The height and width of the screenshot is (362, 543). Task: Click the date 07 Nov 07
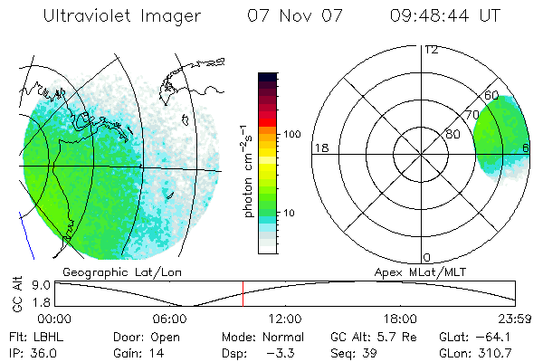[x=290, y=16]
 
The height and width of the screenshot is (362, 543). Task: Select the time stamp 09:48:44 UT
[x=457, y=16]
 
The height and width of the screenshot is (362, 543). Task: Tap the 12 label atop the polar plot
[x=431, y=49]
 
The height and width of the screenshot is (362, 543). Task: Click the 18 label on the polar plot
[x=320, y=148]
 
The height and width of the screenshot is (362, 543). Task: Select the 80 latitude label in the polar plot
[x=453, y=134]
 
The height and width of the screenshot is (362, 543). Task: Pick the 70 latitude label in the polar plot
[x=471, y=116]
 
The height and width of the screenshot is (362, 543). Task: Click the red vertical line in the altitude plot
[x=243, y=294]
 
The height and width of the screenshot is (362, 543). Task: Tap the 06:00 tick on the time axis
[x=170, y=319]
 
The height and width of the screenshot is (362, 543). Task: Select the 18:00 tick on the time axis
[x=400, y=319]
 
